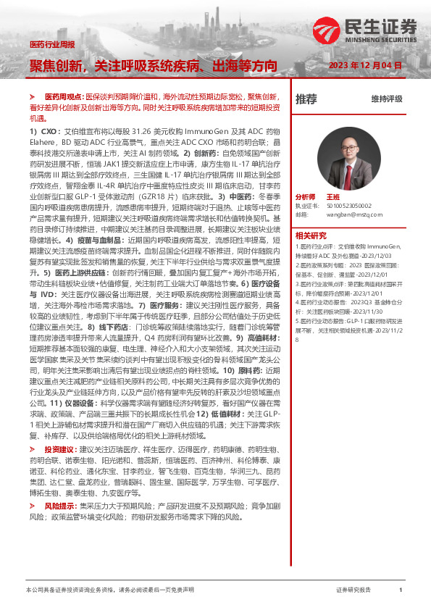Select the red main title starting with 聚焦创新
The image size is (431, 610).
[153, 66]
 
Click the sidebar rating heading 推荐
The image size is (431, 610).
[306, 99]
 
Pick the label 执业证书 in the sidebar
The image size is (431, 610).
[305, 206]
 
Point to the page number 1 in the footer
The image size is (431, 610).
[401, 591]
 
